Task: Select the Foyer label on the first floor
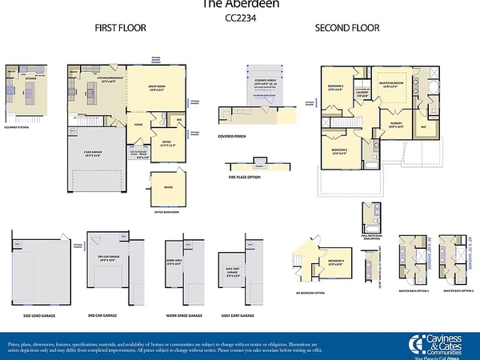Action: pos(138,124)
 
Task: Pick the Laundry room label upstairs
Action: pos(362,92)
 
